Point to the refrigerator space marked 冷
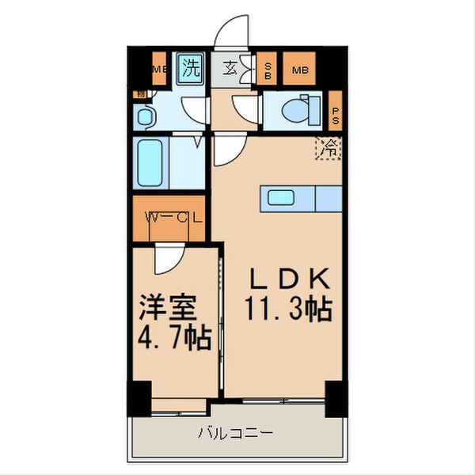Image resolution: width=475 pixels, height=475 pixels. pyautogui.click(x=329, y=148)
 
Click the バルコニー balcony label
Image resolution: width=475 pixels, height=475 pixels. pyautogui.click(x=236, y=433)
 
